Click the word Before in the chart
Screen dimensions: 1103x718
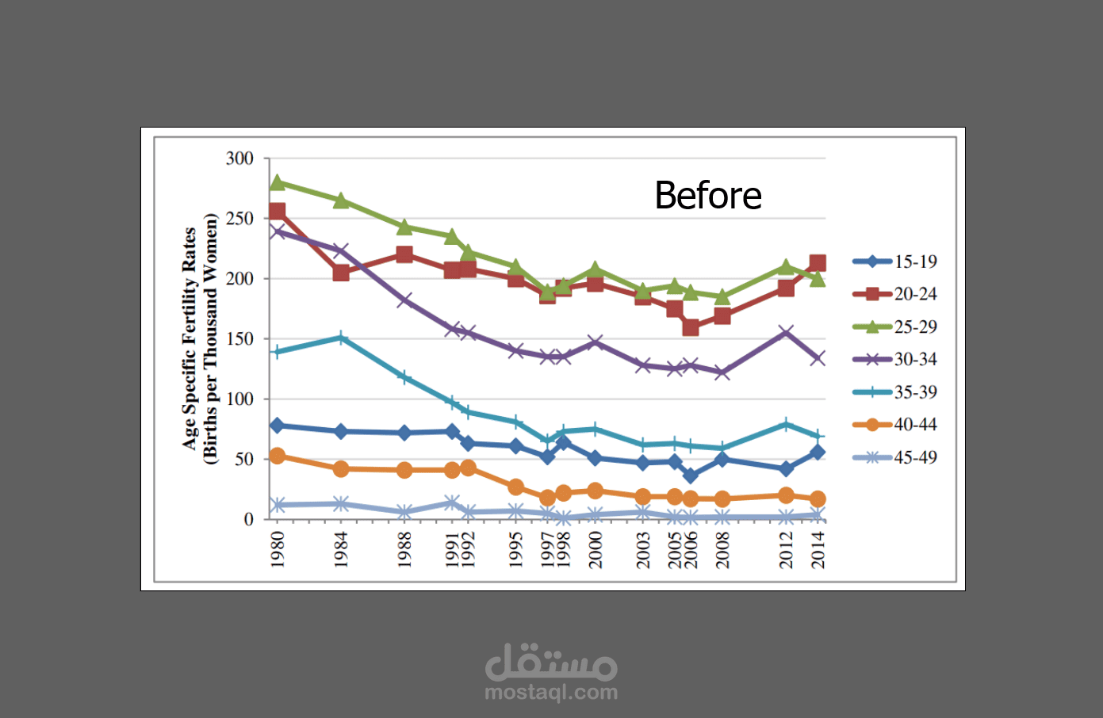(x=708, y=196)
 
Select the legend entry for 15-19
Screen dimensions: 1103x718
(x=894, y=262)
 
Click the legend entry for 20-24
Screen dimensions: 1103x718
(x=894, y=294)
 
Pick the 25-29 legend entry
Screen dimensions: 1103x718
(x=894, y=327)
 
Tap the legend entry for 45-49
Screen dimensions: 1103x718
(x=894, y=457)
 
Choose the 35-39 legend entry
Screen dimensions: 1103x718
(x=894, y=392)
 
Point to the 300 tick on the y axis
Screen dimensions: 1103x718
(x=239, y=158)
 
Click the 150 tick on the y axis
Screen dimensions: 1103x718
(x=239, y=339)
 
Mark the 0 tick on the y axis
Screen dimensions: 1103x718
(x=249, y=519)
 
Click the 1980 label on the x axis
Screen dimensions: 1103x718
(x=278, y=549)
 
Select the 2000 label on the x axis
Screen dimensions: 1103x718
(x=596, y=549)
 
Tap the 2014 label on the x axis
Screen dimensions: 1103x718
(x=818, y=549)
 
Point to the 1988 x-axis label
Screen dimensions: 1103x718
(x=404, y=549)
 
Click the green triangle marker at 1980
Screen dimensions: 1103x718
(x=278, y=182)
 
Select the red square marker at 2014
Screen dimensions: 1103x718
(x=818, y=263)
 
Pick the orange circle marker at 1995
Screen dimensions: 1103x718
(x=515, y=487)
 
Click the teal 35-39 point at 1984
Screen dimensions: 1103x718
(x=341, y=338)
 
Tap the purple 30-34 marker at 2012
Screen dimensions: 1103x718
(x=786, y=332)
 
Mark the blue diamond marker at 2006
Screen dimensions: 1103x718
(x=691, y=475)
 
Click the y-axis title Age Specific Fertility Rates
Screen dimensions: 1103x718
(x=190, y=338)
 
